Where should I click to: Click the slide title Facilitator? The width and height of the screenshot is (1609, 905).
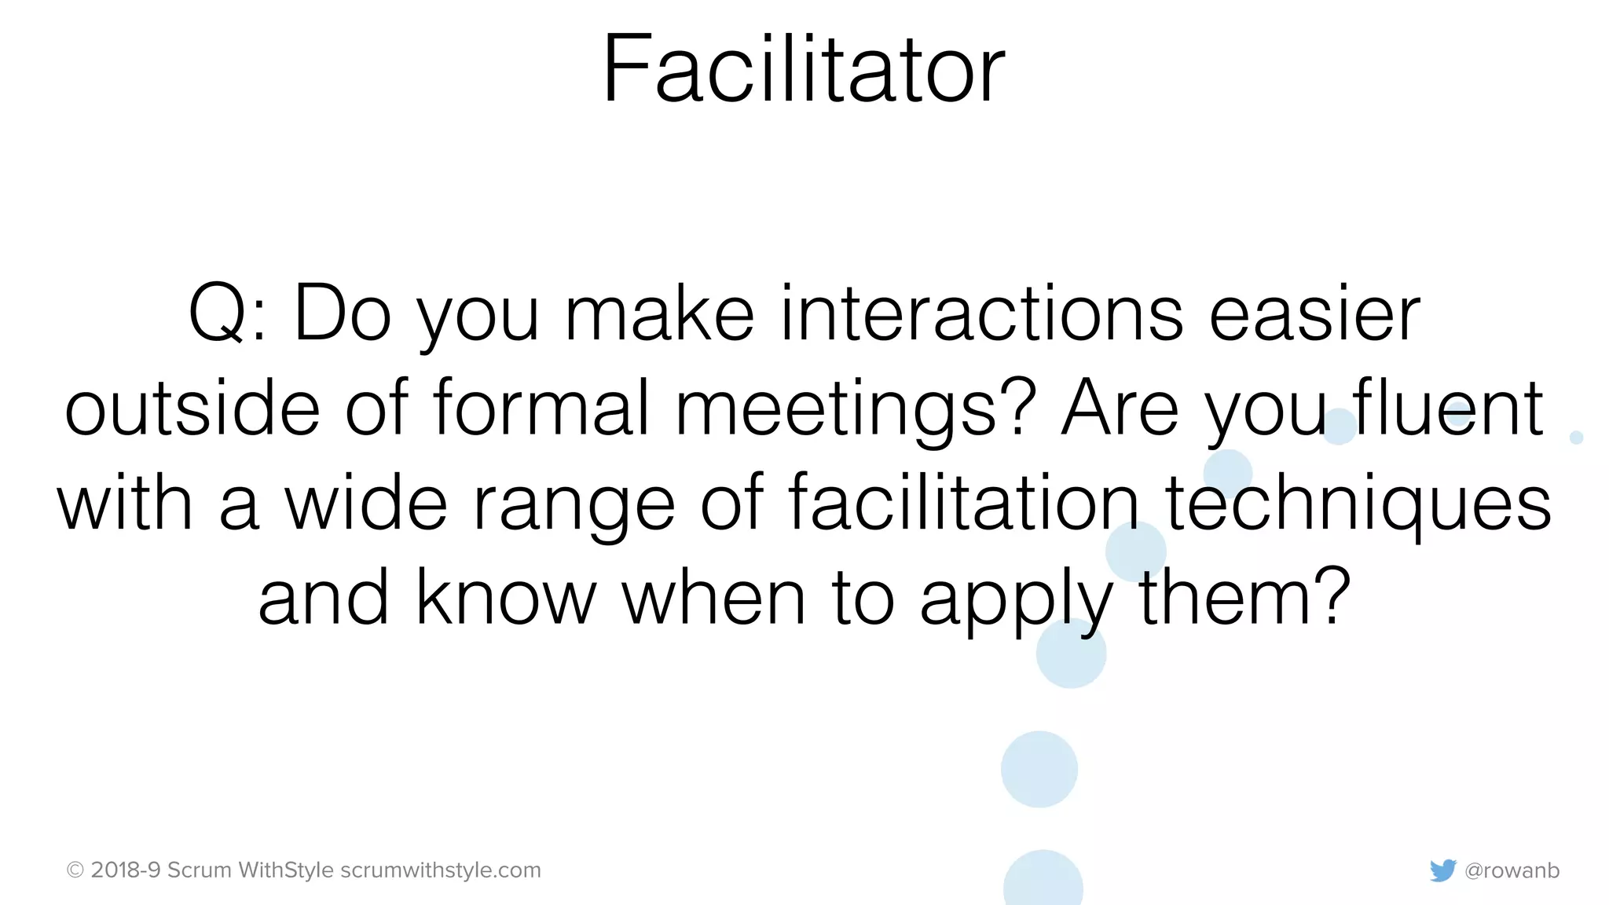tap(804, 69)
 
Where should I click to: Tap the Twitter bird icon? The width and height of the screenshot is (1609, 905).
tap(1442, 870)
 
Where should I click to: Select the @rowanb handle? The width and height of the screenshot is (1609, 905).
tap(1512, 870)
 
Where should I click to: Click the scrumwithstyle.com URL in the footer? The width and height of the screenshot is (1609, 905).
tap(441, 870)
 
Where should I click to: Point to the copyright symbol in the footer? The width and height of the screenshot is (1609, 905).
tap(75, 870)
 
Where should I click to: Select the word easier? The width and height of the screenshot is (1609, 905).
tap(1314, 314)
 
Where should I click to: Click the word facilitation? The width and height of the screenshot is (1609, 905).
tap(963, 503)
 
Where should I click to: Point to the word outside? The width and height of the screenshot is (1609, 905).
tap(192, 409)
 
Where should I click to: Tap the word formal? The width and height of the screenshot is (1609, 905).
tap(541, 409)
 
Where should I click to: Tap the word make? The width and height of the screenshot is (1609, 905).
tap(660, 314)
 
